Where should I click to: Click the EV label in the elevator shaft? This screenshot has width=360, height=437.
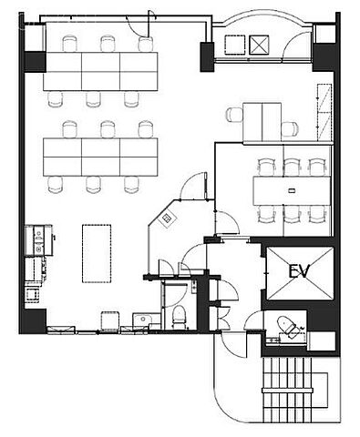299,271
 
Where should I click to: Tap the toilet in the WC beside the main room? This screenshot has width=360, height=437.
179,317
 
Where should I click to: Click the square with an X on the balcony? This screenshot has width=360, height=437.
259,45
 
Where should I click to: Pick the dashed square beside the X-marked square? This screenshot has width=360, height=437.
235,45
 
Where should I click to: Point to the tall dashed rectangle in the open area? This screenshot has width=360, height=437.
97,253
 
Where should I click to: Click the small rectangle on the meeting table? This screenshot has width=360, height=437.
292,190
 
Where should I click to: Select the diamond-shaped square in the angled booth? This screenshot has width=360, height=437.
166,218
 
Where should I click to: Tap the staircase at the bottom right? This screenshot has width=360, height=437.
287,390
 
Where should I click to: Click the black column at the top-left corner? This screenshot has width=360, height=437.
35,62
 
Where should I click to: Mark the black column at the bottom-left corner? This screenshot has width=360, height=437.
34,321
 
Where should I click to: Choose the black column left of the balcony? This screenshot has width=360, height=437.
207,56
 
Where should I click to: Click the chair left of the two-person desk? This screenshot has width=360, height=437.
234,115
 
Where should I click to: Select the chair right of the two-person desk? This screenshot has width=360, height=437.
290,129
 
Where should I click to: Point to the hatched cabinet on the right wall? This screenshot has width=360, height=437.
324,112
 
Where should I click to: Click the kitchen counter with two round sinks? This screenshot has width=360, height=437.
38,240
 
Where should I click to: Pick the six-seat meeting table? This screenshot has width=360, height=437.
292,191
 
